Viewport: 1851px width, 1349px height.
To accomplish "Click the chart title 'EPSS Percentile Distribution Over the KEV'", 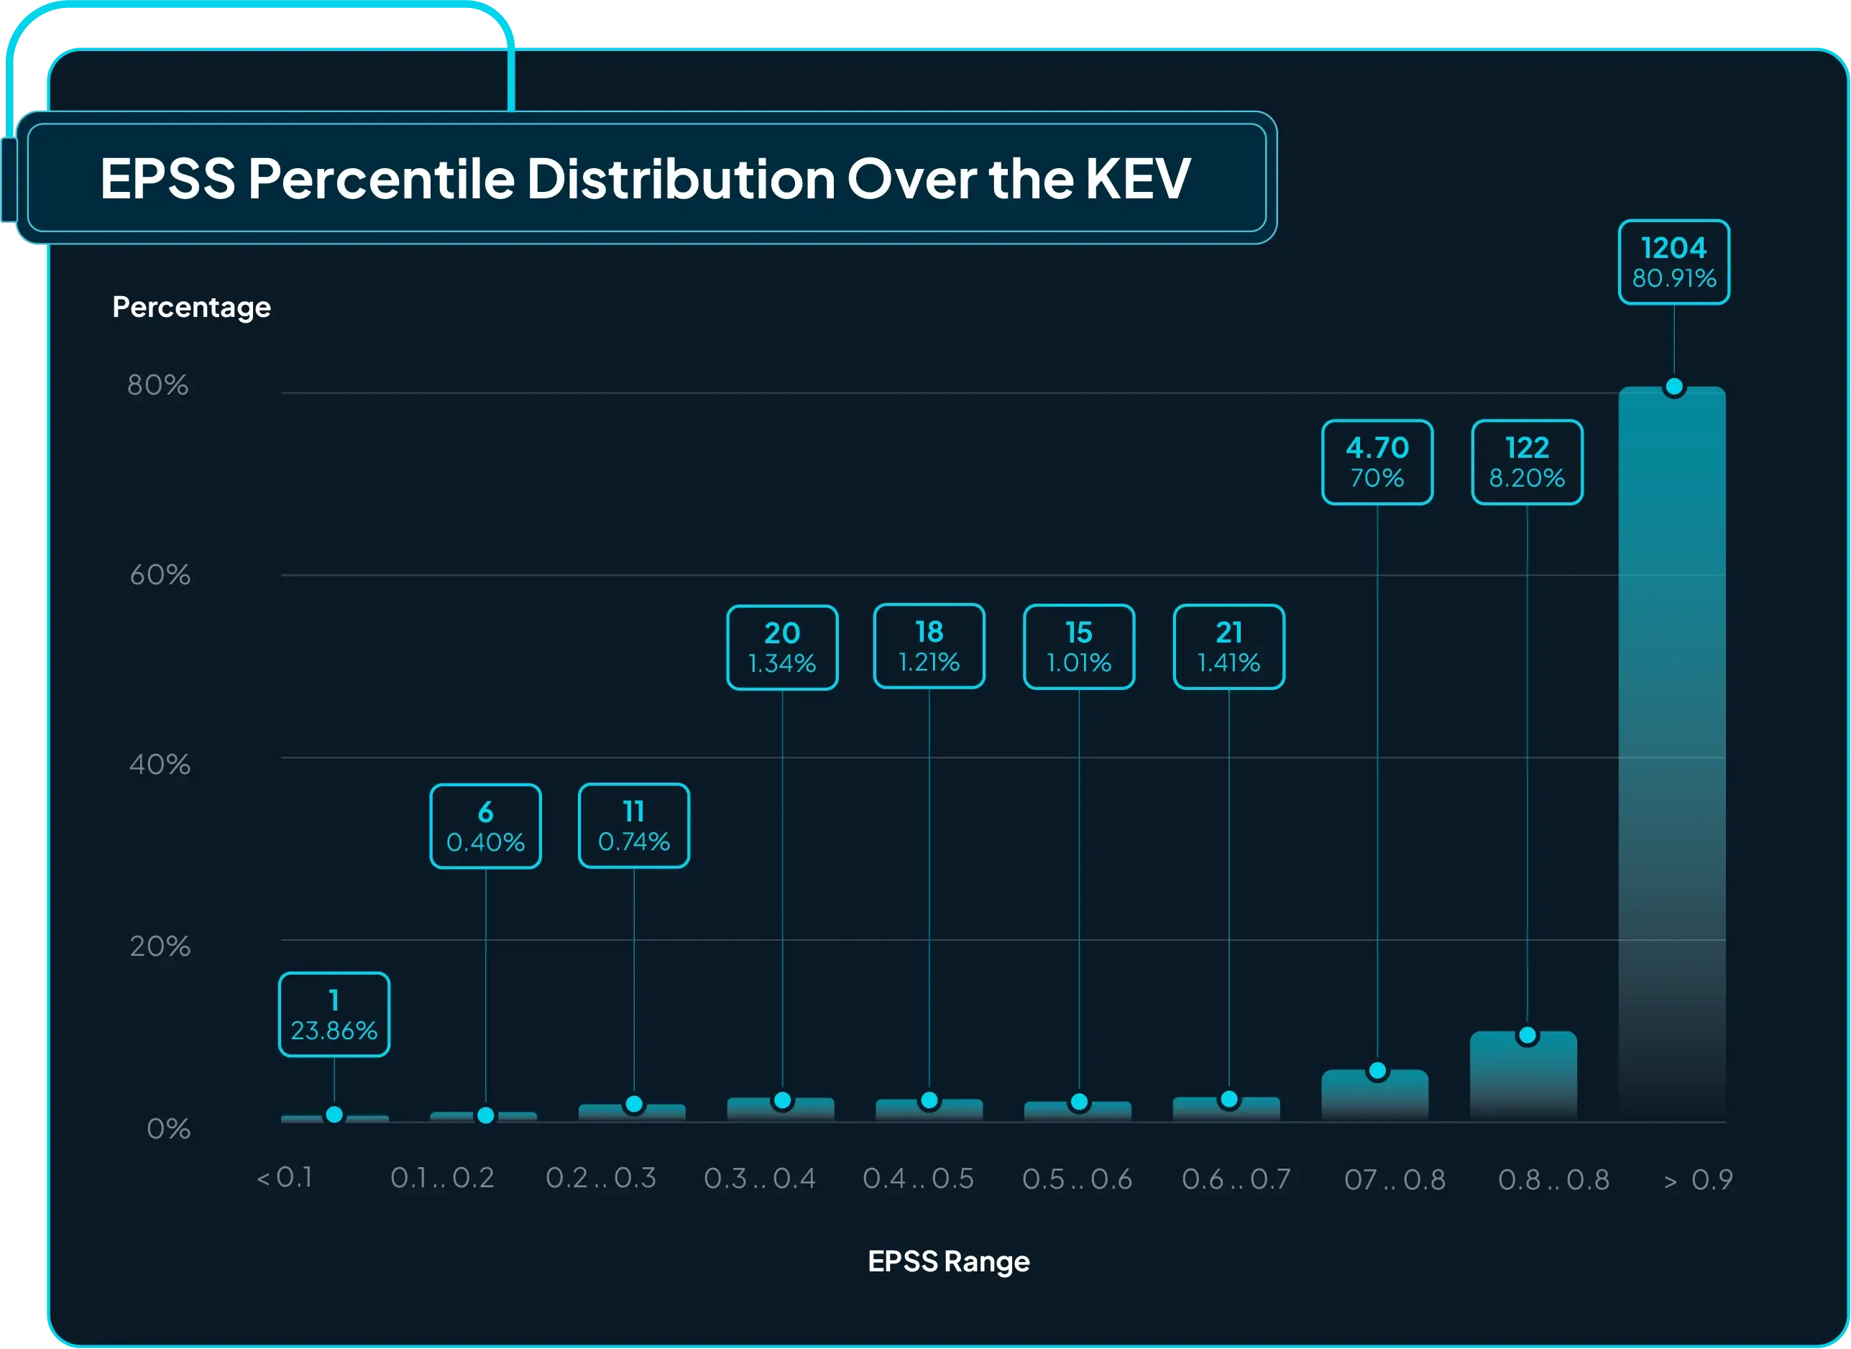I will (645, 178).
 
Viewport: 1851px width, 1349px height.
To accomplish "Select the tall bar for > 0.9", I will (1672, 751).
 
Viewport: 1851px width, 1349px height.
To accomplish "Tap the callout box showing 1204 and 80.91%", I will (1674, 262).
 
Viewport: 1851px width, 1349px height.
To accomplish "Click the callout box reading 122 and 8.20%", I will (1527, 462).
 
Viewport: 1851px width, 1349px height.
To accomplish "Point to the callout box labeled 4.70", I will (1377, 462).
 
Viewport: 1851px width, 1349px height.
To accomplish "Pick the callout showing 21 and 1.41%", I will (1228, 647).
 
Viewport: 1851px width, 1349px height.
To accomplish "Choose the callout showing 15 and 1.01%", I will (1078, 647).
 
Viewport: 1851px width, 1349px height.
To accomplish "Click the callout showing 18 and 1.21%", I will (929, 646).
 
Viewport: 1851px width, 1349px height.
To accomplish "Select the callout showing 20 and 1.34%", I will (782, 648).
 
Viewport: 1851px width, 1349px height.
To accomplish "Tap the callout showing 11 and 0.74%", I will (633, 826).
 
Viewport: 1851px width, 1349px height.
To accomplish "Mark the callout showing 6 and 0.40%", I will (485, 827).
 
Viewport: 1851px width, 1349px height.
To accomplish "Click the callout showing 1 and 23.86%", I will (334, 1014).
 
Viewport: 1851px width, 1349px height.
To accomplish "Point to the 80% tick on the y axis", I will (157, 385).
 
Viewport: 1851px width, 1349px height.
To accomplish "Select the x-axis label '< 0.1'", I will (285, 1177).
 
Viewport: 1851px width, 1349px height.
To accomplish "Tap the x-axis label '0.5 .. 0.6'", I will (1077, 1179).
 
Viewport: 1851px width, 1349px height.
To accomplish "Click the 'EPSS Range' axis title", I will (949, 1261).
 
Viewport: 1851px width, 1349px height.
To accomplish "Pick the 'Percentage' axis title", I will (191, 307).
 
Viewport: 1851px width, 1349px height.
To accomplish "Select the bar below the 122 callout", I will (1524, 1078).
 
